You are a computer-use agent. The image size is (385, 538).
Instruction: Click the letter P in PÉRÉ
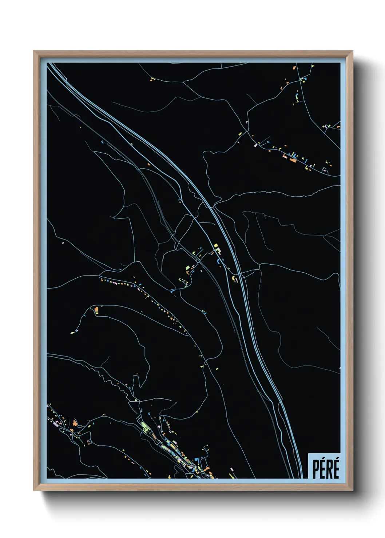(315, 469)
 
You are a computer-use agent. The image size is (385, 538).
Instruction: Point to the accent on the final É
(337, 460)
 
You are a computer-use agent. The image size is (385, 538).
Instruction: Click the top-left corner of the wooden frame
(34, 52)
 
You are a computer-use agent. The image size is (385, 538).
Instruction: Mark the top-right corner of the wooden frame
(352, 52)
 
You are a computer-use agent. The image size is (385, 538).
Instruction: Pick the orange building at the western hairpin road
(96, 310)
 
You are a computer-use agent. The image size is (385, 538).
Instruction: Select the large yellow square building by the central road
(216, 246)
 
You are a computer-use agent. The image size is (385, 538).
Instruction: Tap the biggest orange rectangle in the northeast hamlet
(293, 160)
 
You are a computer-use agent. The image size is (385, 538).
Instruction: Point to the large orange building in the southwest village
(75, 423)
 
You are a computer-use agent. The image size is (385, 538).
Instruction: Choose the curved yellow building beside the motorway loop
(235, 278)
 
